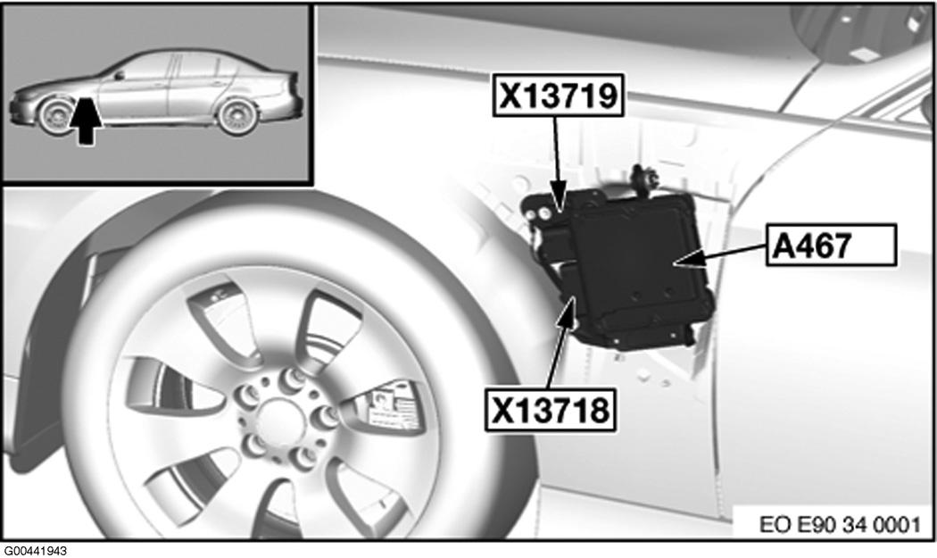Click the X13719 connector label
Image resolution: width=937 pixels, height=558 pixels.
(558, 95)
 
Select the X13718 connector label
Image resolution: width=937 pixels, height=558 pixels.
(551, 410)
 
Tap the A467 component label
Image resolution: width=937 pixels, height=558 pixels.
(831, 245)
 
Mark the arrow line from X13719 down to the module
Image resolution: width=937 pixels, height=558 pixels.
(558, 164)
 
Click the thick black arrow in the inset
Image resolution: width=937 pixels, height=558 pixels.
(86, 121)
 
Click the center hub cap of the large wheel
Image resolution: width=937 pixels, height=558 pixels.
(274, 419)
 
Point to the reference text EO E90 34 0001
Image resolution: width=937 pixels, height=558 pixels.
(840, 524)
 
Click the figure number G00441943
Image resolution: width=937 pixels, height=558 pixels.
(35, 551)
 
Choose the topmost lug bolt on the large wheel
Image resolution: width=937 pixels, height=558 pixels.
(293, 378)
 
